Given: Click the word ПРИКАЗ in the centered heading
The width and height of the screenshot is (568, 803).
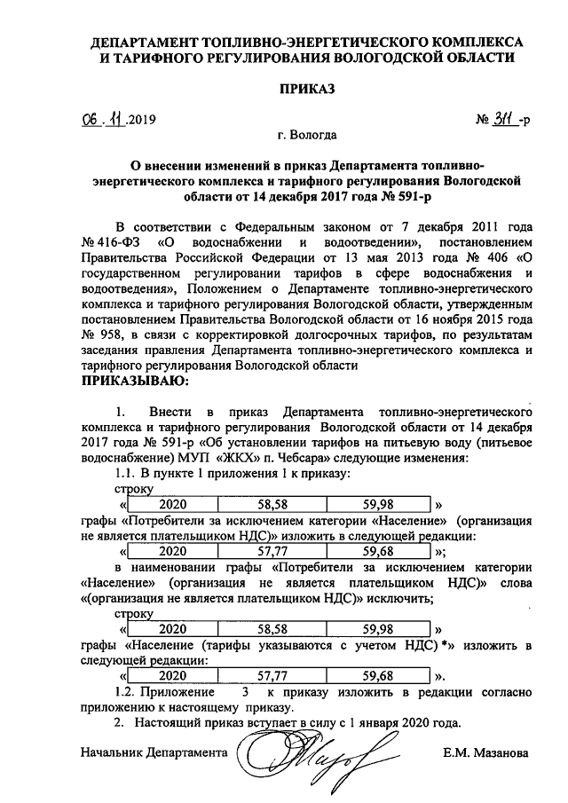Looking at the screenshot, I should click(x=305, y=89).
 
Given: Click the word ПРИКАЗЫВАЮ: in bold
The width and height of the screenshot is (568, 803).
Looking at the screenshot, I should click(x=134, y=382).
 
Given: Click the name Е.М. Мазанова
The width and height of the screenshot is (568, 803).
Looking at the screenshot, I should click(x=485, y=754).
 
